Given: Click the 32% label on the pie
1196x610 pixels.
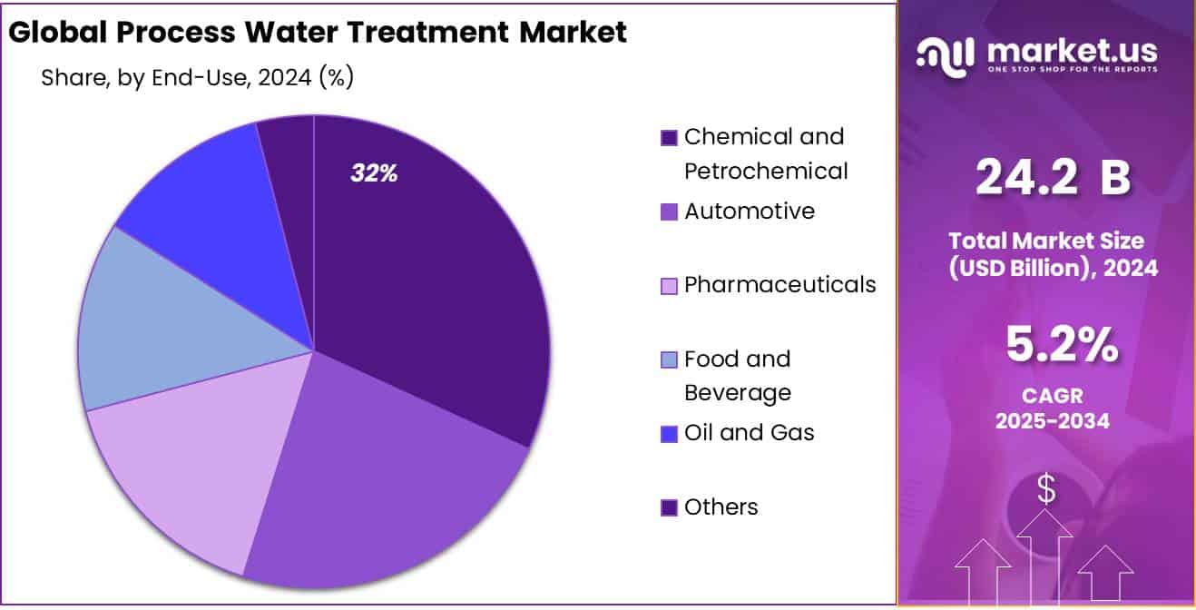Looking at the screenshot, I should click(374, 173).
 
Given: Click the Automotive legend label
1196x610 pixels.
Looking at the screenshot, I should click(750, 212).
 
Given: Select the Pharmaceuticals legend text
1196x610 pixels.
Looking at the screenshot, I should click(780, 285).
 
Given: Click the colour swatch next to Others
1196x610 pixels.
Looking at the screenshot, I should click(669, 508).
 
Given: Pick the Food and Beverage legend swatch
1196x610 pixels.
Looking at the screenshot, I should click(669, 360).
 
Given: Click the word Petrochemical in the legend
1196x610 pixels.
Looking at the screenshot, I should click(766, 171).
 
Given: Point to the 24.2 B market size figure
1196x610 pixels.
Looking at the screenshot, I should click(1052, 178).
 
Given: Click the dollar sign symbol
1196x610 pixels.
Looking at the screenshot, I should click(1046, 489).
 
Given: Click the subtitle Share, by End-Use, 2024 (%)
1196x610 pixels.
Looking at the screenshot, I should click(197, 78).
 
